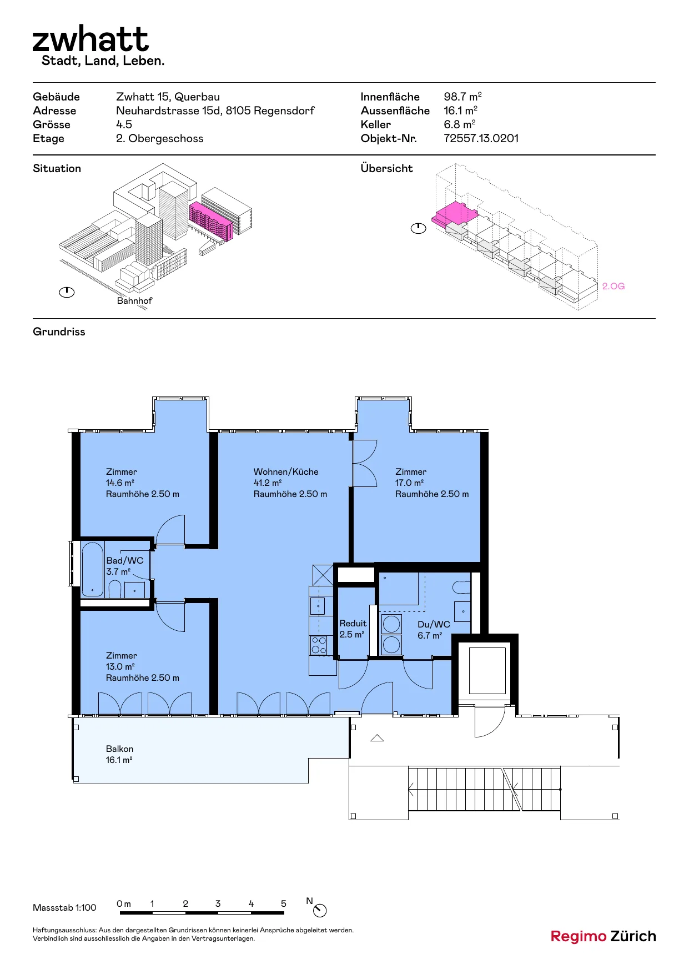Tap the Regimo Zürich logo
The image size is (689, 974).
coord(603,936)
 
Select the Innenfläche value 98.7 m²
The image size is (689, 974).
coord(462,97)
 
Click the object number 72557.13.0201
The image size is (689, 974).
coord(481,138)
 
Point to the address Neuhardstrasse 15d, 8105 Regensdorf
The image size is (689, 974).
coord(215,111)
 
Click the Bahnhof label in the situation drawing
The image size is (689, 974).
coord(134,300)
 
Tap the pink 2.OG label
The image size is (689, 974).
coord(613,286)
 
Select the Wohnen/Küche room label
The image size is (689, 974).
coord(286,471)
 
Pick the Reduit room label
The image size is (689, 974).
coord(353,623)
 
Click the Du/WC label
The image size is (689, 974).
coord(434,624)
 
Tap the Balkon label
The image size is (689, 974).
coord(119,749)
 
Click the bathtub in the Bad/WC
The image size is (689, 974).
coord(92,569)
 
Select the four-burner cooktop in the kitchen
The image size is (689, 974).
coord(319,645)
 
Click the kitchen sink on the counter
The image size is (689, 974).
coord(318,606)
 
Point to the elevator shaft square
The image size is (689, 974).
coord(487,670)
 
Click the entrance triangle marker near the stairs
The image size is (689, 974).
coord(377,738)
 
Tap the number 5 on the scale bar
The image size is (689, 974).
coord(284,903)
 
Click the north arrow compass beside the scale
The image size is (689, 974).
coord(320,911)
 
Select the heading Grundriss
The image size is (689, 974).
coord(59,332)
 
